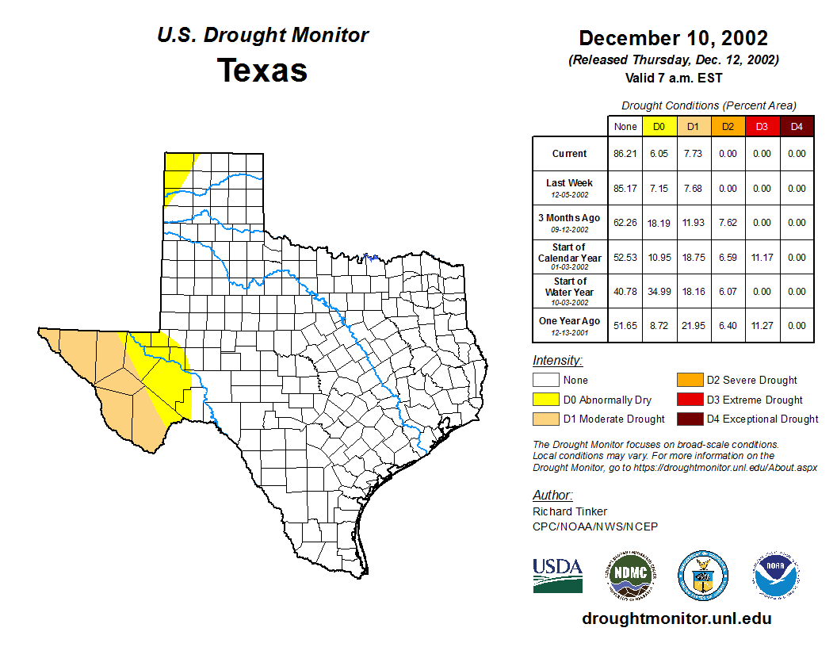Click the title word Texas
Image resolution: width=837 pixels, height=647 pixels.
click(x=262, y=71)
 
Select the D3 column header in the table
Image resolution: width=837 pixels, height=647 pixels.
click(x=762, y=126)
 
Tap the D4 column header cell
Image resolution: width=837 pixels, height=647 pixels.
click(x=797, y=126)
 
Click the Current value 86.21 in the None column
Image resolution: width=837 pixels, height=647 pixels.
click(x=625, y=154)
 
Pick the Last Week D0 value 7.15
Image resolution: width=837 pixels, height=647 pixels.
click(x=659, y=189)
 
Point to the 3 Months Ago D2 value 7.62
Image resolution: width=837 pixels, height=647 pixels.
click(x=728, y=223)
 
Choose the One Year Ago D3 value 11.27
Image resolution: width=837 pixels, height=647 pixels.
click(x=762, y=325)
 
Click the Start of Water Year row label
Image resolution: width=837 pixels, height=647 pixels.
click(x=570, y=291)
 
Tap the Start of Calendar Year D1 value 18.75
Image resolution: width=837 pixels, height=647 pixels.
click(x=694, y=257)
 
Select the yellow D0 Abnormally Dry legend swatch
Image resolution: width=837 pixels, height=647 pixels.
click(x=546, y=400)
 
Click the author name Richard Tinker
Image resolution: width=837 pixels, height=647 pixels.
click(x=570, y=511)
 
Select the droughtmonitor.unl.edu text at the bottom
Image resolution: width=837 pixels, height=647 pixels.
click(x=676, y=618)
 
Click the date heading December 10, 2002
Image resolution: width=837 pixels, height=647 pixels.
click(x=673, y=38)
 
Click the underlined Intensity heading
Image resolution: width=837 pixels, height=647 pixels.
click(x=557, y=361)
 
